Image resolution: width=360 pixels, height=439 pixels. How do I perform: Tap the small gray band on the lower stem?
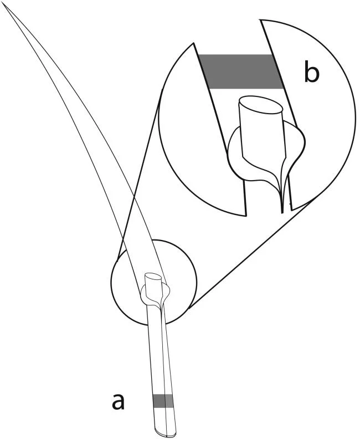pyautogui.click(x=162, y=401)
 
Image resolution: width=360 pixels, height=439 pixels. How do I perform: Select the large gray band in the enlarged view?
pyautogui.click(x=241, y=72)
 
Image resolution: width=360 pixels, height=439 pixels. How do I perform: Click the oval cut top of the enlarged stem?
pyautogui.click(x=261, y=106)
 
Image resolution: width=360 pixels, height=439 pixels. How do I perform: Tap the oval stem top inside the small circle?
pyautogui.click(x=153, y=278)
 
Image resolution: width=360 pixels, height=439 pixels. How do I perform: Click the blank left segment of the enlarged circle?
pyautogui.click(x=196, y=134)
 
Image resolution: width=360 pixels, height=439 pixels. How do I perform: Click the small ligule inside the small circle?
pyautogui.click(x=155, y=294)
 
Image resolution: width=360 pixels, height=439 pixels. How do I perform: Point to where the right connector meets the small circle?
pyautogui.click(x=190, y=309)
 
